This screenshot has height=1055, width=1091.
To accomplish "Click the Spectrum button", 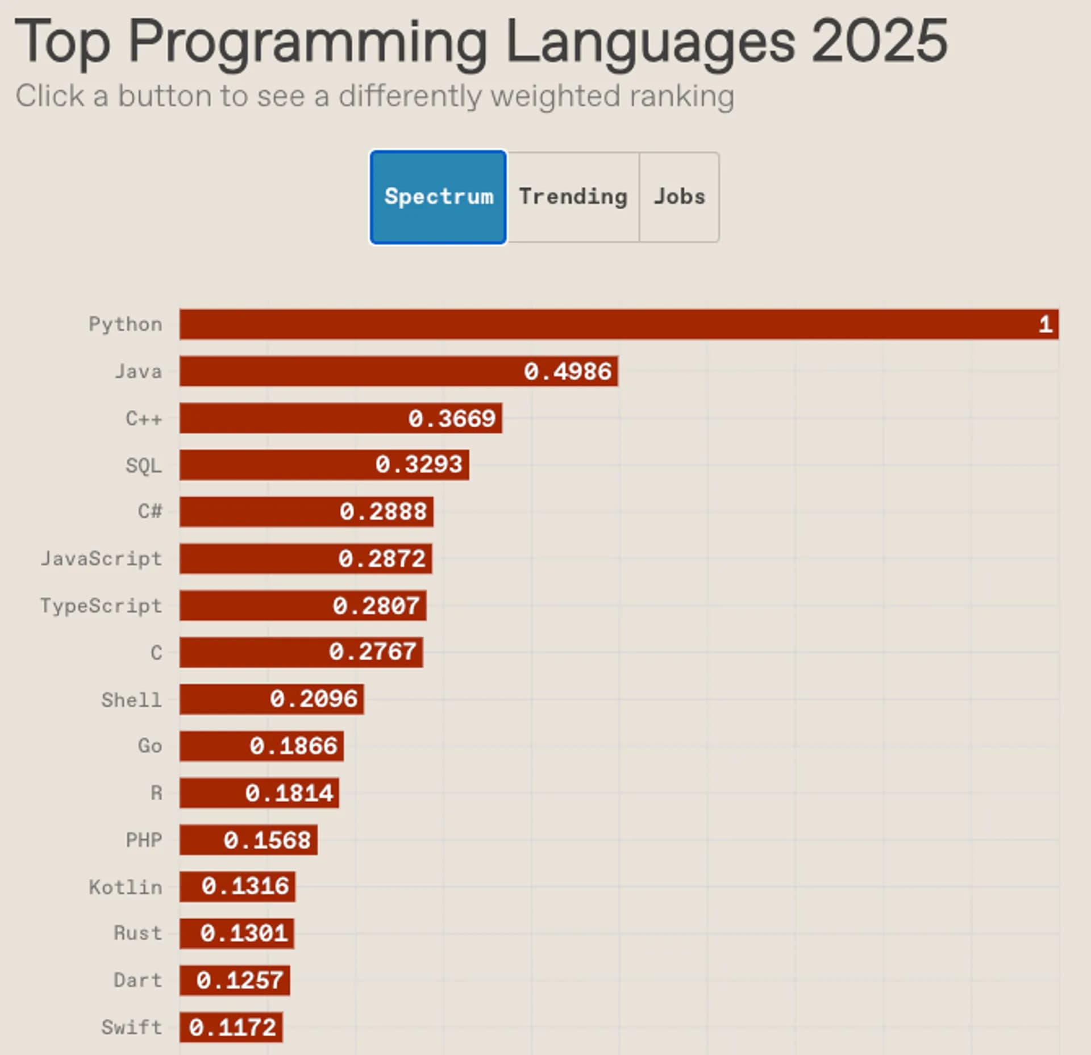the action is [x=438, y=197].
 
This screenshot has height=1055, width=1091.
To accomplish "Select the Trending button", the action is [x=573, y=197].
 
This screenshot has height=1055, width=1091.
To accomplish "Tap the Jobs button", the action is [x=680, y=197].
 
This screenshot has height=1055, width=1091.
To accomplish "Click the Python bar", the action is [x=619, y=324].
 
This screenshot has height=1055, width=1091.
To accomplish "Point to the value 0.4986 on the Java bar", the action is [x=568, y=372].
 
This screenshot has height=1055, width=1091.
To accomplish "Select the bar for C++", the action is [x=341, y=418].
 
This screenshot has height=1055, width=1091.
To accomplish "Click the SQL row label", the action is [x=144, y=466].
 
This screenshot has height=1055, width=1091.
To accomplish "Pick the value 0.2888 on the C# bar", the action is [x=384, y=512].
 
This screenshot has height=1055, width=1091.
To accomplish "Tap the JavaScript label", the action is [x=102, y=559].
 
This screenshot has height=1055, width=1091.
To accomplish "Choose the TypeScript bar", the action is [x=303, y=606].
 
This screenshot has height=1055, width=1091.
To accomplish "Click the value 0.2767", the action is [x=373, y=652].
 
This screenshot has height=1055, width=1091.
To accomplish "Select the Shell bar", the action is [x=272, y=699].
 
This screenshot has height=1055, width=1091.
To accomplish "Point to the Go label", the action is [x=150, y=746].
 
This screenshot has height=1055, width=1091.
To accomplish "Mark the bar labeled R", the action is [x=259, y=793].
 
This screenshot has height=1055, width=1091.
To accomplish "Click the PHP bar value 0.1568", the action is [x=268, y=840].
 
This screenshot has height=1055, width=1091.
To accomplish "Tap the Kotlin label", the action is [x=126, y=887].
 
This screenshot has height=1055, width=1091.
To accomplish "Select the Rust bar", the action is [x=237, y=933].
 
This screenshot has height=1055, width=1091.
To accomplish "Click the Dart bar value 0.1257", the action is [x=240, y=981].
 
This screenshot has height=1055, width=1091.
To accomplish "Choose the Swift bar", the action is [x=231, y=1027].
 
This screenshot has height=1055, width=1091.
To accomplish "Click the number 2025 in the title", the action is [x=880, y=41].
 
